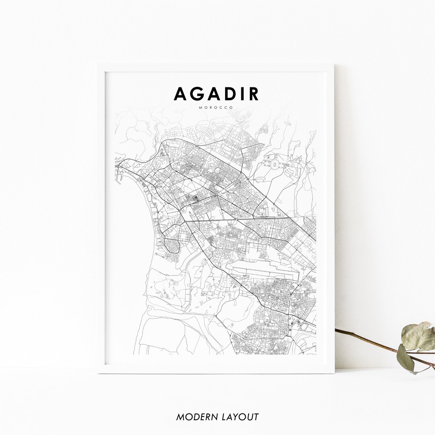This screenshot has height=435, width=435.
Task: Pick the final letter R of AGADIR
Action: tap(253, 94)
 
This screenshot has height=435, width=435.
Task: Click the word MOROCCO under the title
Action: tap(216, 108)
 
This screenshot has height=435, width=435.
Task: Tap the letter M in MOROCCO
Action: tap(200, 108)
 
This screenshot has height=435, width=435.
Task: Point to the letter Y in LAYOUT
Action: tap(236, 417)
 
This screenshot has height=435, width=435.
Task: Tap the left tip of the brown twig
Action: tap(336, 331)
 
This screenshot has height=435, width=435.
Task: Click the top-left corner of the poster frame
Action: tap(98, 65)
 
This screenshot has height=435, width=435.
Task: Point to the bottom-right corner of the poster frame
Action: tap(334, 373)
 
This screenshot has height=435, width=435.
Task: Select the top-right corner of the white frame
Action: tap(333, 65)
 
